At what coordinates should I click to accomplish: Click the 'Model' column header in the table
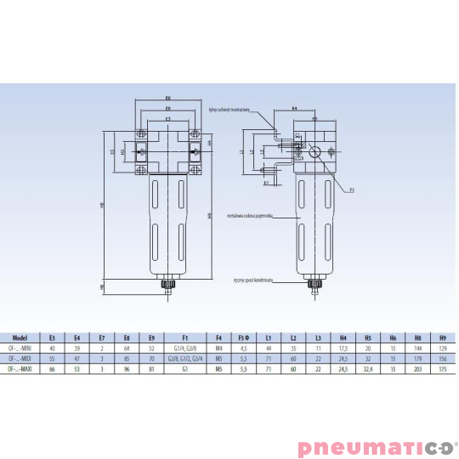[x=23, y=337]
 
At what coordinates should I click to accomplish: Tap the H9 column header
[x=441, y=337]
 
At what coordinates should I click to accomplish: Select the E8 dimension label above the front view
[x=168, y=98]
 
